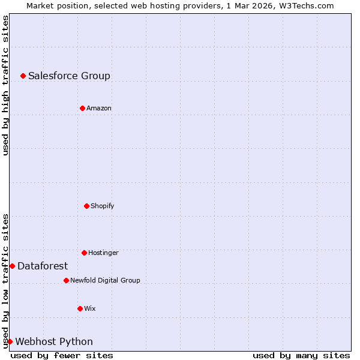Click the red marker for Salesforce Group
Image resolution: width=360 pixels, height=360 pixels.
tap(23, 76)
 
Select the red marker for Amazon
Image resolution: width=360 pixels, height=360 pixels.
tap(82, 108)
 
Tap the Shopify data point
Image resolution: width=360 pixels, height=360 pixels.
tap(86, 206)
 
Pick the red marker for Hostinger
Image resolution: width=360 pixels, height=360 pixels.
tap(84, 253)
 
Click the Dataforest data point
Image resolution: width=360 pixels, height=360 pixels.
tap(12, 266)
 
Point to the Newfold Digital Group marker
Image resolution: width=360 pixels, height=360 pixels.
tap(66, 280)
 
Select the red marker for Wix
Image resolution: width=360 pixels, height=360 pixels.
tap(80, 308)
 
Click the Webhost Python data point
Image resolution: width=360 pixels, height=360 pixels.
tap(10, 341)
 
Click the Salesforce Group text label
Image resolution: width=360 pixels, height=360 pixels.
tap(69, 76)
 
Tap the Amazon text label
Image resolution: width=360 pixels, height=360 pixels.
tap(99, 108)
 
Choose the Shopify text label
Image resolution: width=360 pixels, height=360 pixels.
tap(103, 206)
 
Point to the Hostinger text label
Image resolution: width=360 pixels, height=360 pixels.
tap(103, 253)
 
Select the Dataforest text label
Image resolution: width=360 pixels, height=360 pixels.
tap(43, 266)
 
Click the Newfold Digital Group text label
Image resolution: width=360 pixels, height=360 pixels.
tap(105, 280)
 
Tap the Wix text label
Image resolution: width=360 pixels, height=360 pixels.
tap(90, 308)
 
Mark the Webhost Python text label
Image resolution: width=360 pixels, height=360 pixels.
tap(54, 341)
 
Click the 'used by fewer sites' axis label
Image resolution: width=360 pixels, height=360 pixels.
tap(62, 355)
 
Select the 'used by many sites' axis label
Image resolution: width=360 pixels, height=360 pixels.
tap(301, 355)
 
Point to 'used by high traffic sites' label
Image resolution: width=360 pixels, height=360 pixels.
tap(5, 85)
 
